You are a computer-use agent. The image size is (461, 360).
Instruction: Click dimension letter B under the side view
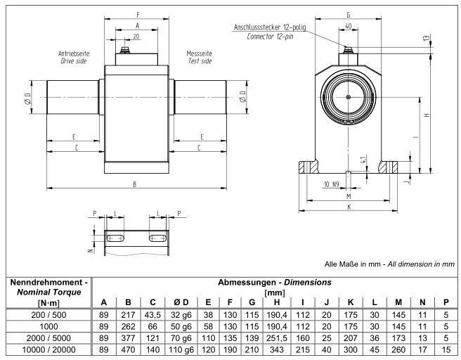(134, 184)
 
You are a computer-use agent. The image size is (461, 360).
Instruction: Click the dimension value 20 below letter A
(136, 35)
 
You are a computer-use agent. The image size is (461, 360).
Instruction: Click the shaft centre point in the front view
(349, 96)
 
